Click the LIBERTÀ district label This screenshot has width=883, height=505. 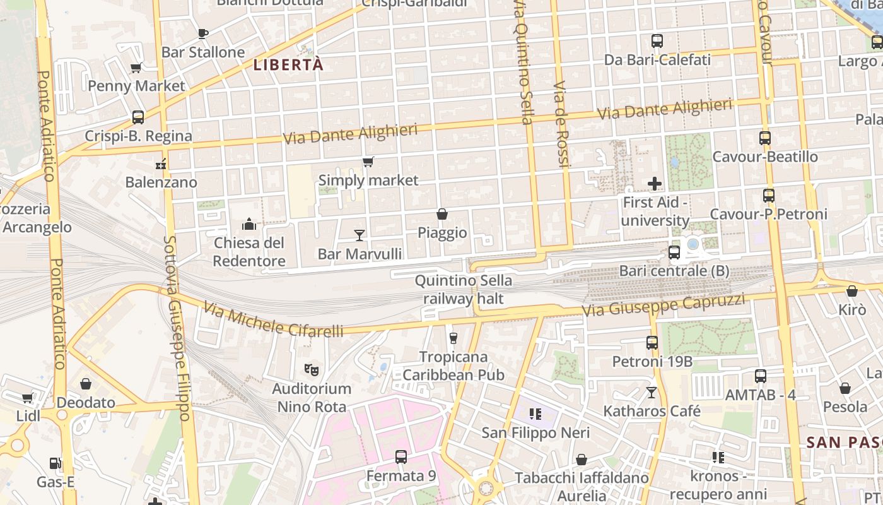(288, 64)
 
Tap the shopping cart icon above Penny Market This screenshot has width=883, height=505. (136, 68)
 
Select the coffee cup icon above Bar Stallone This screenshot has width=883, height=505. (202, 33)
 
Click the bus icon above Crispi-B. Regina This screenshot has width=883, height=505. (137, 117)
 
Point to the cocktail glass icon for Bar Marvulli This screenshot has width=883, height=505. (360, 235)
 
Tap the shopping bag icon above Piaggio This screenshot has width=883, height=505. (442, 215)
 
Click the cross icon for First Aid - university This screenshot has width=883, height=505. (655, 184)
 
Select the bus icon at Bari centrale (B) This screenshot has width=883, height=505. (674, 252)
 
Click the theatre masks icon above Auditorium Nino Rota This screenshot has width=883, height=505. (310, 369)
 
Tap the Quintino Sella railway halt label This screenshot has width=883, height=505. (463, 289)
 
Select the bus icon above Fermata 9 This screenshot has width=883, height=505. (401, 457)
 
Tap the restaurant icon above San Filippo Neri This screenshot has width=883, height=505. (535, 414)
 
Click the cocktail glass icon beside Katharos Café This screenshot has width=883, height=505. (652, 393)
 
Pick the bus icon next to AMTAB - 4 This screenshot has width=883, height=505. (761, 376)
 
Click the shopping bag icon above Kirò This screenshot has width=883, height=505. (851, 291)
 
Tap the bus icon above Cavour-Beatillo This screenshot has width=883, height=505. (765, 138)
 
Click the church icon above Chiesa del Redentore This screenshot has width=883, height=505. (249, 224)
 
